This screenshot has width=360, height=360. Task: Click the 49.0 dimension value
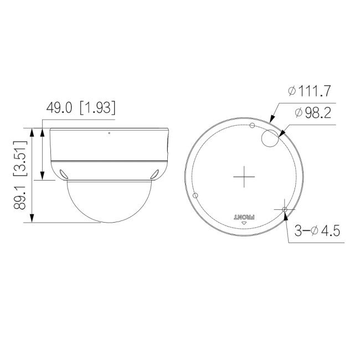tap(59, 107)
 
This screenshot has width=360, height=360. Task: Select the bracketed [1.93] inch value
tap(97, 107)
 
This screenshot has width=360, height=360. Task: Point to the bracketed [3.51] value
tap(20, 158)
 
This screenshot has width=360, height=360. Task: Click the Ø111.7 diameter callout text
tap(309, 91)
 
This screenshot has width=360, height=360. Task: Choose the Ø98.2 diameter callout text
tap(313, 113)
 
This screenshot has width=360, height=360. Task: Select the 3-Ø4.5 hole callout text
tap(317, 230)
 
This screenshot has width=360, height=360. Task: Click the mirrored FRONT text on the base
tap(244, 217)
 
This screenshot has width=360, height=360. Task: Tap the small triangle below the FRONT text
tap(244, 223)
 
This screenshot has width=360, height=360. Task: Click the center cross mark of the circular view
tap(244, 177)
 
